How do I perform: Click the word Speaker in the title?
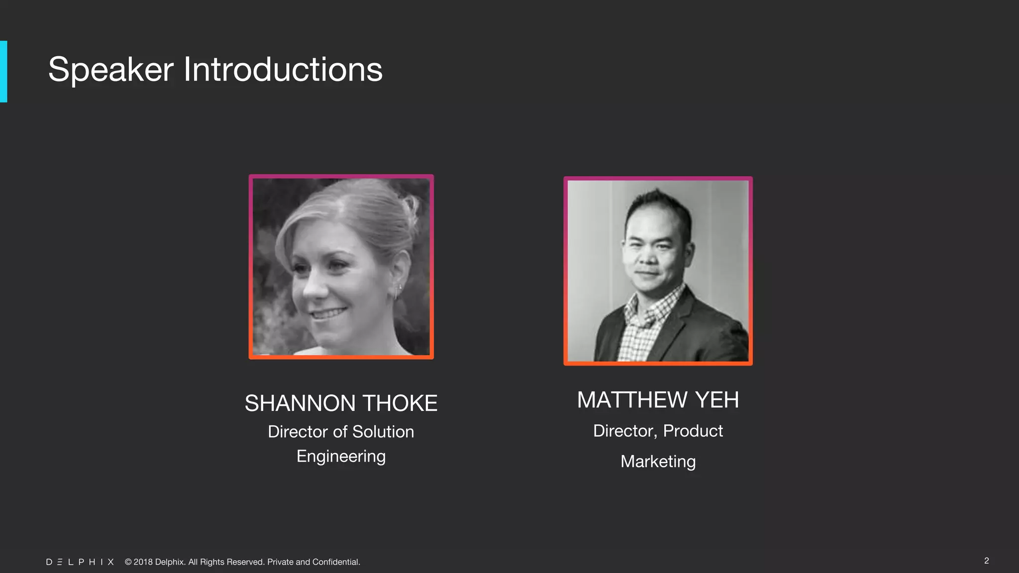click(110, 70)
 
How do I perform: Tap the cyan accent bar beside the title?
click(3, 72)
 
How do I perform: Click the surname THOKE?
click(400, 403)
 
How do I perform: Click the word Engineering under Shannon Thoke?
click(341, 457)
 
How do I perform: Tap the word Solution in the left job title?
click(383, 432)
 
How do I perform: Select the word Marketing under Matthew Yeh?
click(658, 462)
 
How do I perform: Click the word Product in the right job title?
click(693, 431)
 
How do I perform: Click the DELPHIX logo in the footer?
click(80, 562)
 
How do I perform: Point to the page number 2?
click(986, 561)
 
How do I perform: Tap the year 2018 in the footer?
click(143, 562)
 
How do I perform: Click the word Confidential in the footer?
click(336, 562)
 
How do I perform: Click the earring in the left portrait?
click(398, 291)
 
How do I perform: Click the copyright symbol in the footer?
click(128, 562)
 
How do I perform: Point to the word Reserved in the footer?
click(245, 562)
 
